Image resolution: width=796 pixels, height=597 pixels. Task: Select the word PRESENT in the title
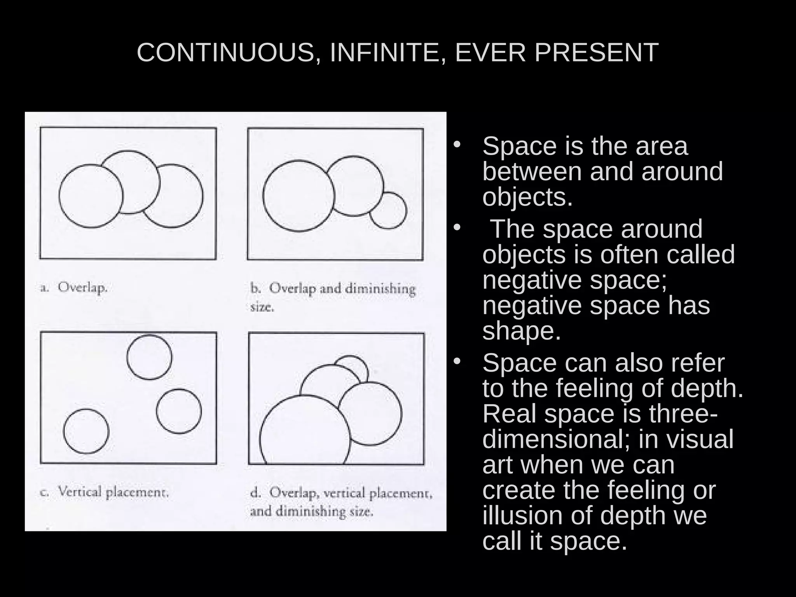coord(596,52)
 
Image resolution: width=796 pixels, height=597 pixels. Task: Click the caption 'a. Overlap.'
coord(74,288)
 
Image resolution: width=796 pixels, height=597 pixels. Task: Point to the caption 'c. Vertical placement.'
coord(105,492)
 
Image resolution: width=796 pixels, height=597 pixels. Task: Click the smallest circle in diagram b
coord(388,210)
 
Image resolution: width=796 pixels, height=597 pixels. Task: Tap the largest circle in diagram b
coord(298,196)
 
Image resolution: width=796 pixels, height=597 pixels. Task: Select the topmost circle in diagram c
coord(149,357)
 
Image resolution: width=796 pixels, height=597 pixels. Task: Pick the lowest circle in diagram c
coord(86,431)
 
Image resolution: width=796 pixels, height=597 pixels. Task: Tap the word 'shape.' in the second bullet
coord(522,331)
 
